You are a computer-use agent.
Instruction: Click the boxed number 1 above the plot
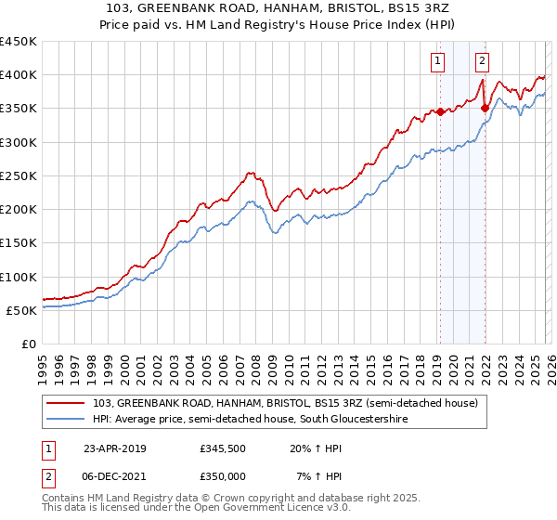(437, 62)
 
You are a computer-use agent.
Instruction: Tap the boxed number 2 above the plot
(483, 62)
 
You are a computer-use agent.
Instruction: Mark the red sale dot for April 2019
(440, 111)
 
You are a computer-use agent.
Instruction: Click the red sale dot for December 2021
(484, 109)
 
